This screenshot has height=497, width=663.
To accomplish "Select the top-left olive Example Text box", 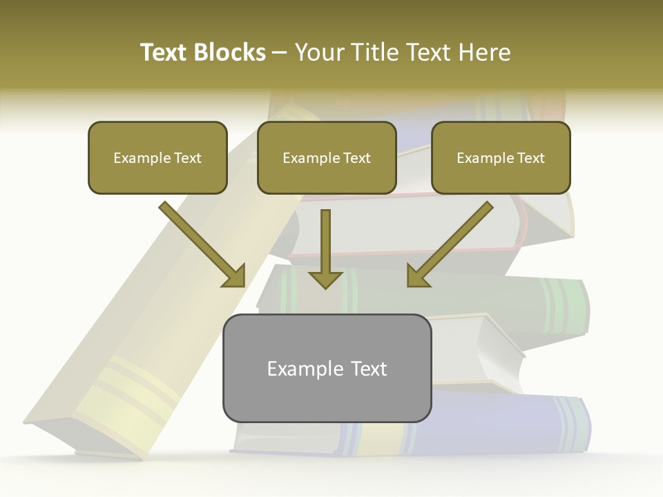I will (x=157, y=158).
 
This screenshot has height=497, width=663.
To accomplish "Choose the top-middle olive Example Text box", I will (x=327, y=158).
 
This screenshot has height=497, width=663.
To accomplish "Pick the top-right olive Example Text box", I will (x=501, y=158).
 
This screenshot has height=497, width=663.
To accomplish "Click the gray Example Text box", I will (x=327, y=369).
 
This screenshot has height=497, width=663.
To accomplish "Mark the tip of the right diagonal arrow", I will (x=409, y=285).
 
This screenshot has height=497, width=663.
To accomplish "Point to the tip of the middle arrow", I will (x=325, y=287).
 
